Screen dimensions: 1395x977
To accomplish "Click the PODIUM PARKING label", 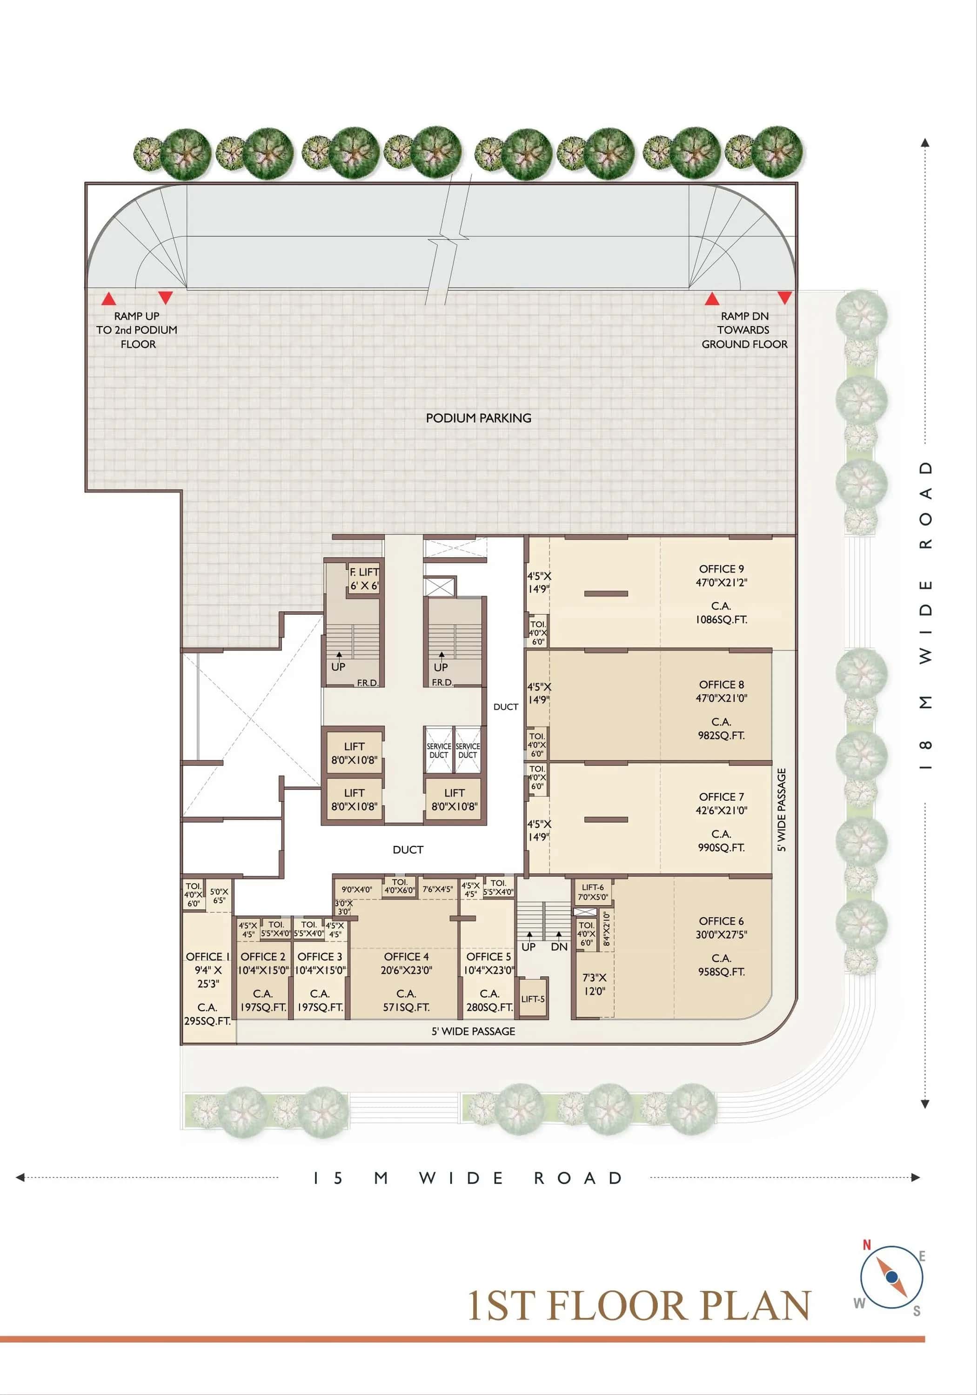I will [x=478, y=418].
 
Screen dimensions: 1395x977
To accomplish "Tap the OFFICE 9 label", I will [x=721, y=569].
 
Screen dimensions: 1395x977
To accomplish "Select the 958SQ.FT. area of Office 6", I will [x=721, y=972].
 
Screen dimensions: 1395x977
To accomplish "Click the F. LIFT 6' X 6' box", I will [x=364, y=579].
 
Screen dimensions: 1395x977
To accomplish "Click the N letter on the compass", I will [x=867, y=1245].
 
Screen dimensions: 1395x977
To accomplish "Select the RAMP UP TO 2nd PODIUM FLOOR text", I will [x=137, y=330].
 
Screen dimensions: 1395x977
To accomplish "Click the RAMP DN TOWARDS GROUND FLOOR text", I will [x=744, y=330].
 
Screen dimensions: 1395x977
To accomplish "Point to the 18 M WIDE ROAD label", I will [x=925, y=615].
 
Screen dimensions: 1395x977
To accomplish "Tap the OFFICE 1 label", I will [x=207, y=956].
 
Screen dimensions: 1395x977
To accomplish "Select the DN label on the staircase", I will [x=559, y=946].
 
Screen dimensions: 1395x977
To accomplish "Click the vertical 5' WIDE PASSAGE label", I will [x=782, y=810].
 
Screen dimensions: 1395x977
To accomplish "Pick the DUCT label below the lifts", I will [x=408, y=849].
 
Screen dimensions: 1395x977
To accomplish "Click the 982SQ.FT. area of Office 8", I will [x=721, y=735].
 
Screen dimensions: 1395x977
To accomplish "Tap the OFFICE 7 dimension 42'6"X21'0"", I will [x=721, y=810].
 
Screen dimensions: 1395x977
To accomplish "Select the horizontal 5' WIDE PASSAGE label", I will [x=473, y=1031].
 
